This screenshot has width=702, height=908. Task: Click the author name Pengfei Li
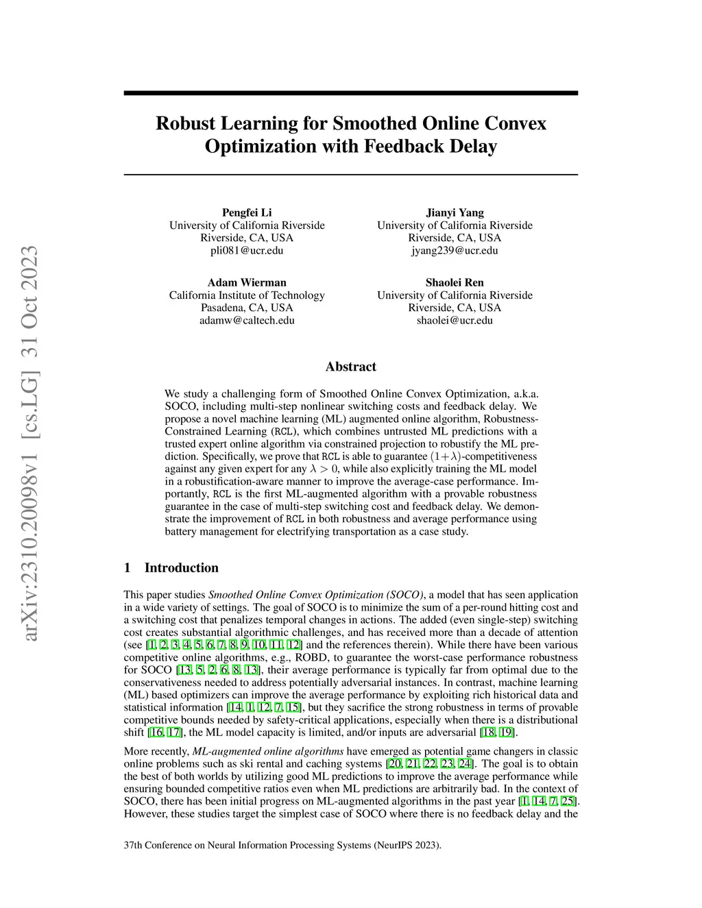(247, 212)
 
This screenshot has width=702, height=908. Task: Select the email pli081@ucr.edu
(247, 250)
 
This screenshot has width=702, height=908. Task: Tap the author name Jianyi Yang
(455, 212)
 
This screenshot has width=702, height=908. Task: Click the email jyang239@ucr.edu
(455, 250)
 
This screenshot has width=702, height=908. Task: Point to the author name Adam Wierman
(247, 282)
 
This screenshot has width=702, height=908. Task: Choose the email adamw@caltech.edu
(247, 320)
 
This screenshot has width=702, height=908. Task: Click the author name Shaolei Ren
(455, 282)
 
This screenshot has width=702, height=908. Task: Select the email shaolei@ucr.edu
(455, 320)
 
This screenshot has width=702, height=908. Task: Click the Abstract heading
(351, 367)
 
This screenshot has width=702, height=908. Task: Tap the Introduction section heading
(181, 567)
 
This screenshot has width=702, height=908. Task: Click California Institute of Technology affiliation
(247, 295)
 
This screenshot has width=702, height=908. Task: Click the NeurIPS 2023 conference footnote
(282, 845)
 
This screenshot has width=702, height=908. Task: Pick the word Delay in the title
(473, 147)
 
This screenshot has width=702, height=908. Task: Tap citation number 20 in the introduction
(395, 764)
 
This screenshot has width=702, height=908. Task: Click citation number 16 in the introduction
(156, 733)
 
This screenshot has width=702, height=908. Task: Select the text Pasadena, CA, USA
(247, 308)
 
